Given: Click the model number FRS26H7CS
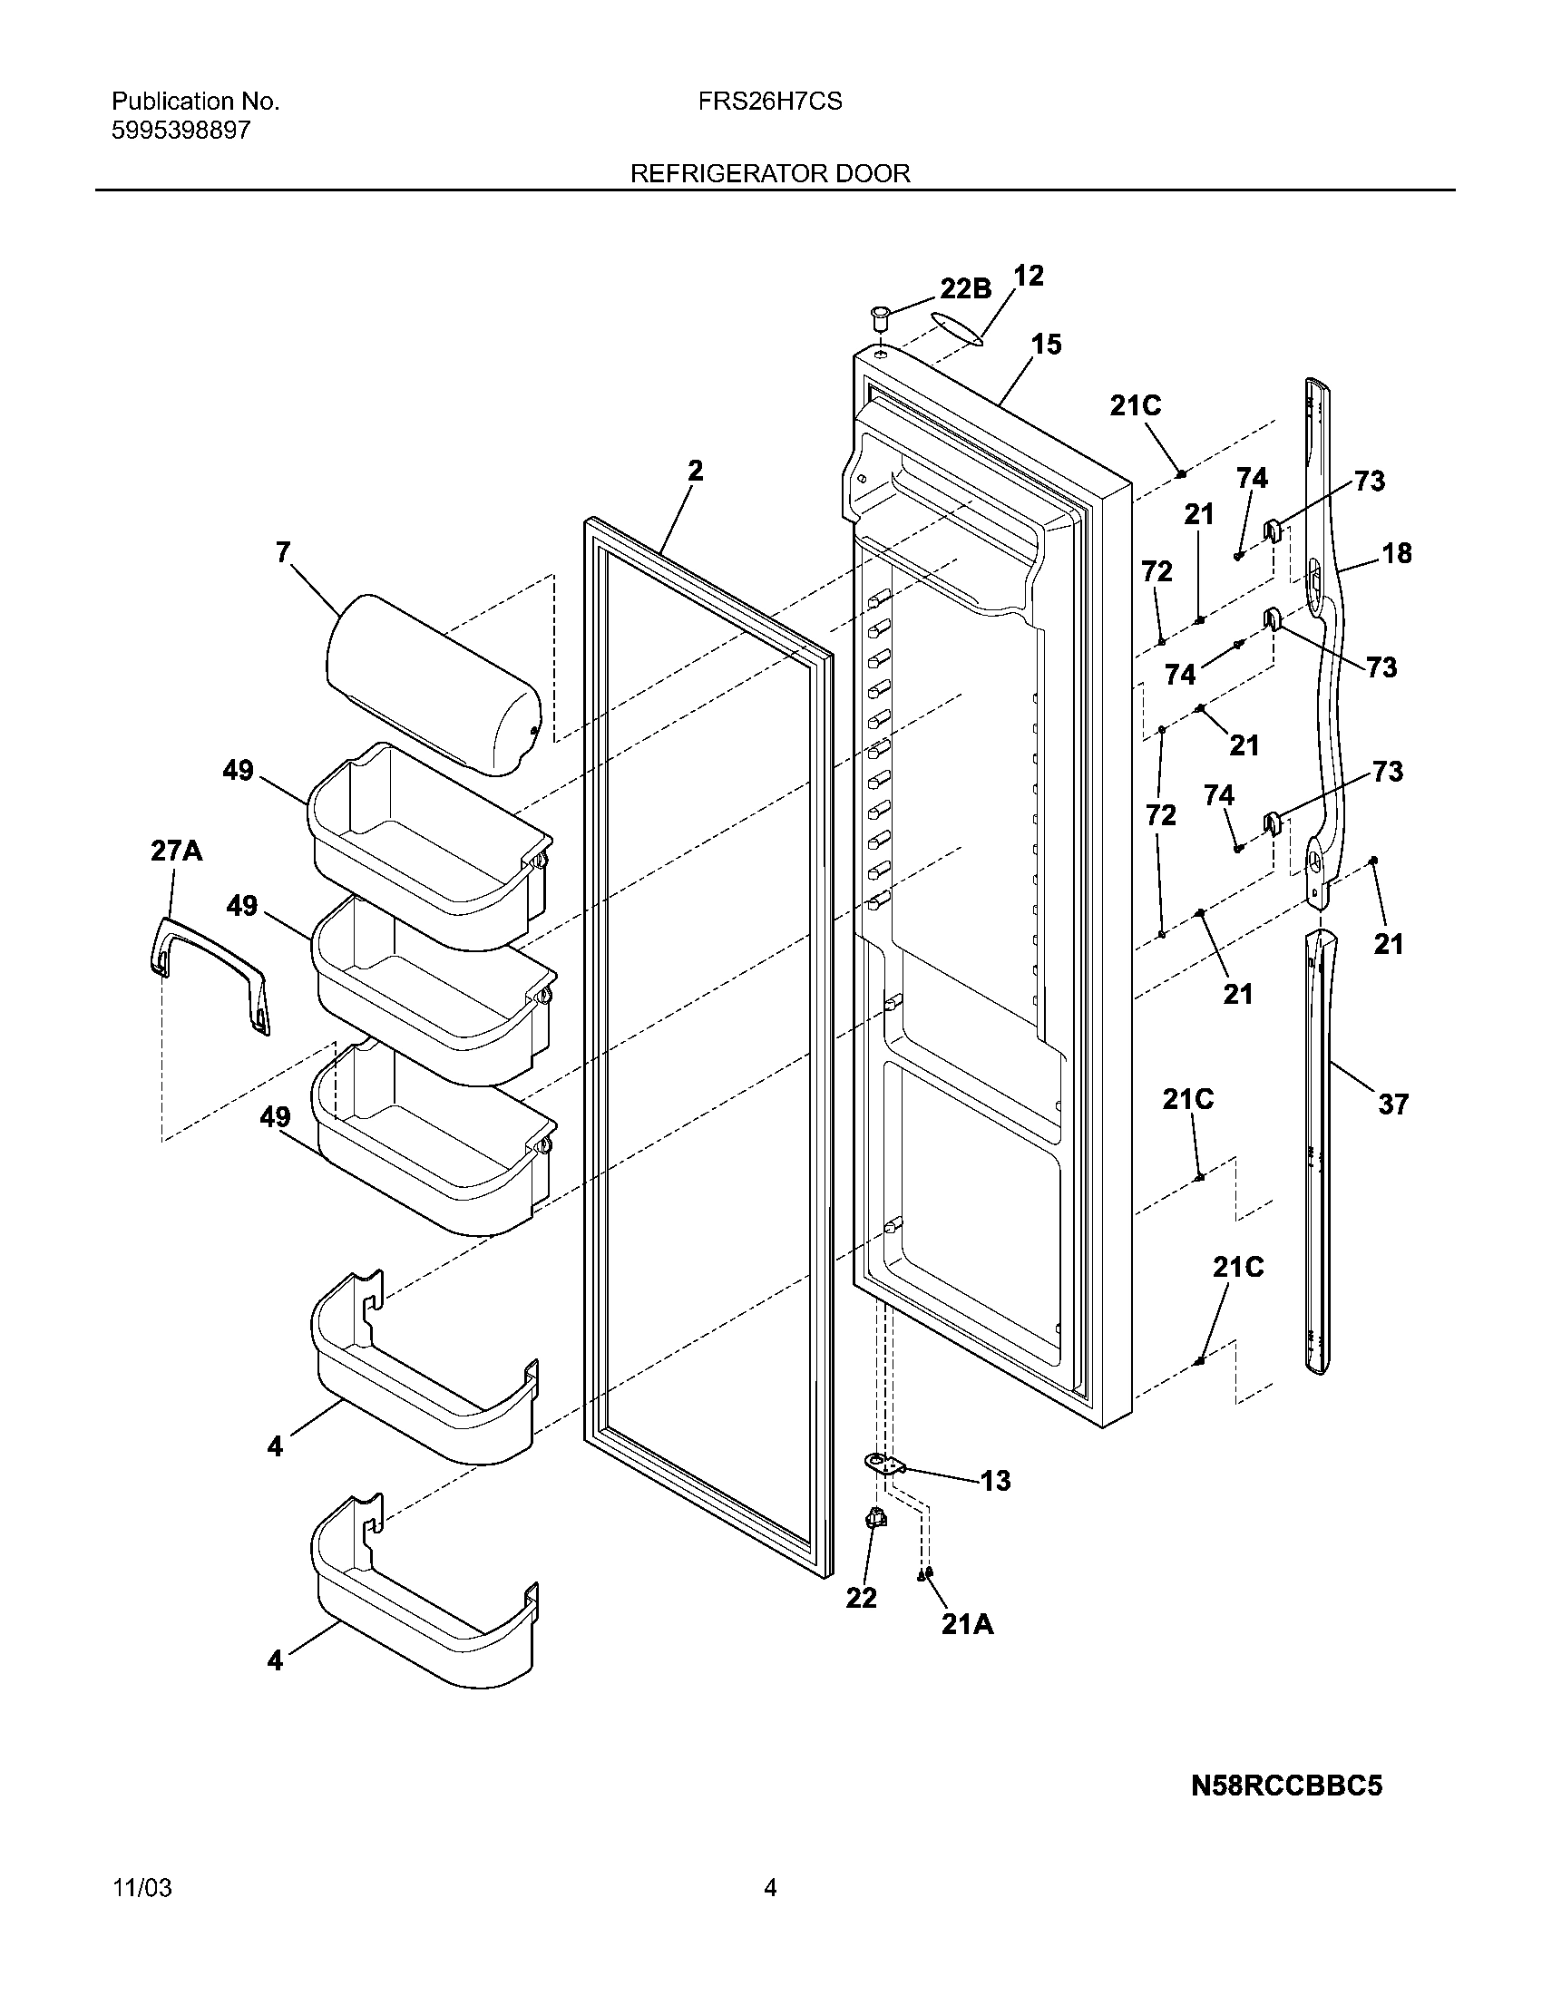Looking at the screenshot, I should pyautogui.click(x=770, y=102).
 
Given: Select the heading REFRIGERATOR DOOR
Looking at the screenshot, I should pyautogui.click(x=770, y=173).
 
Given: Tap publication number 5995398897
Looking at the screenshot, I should pyautogui.click(x=181, y=131).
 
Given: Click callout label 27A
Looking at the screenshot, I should pyautogui.click(x=176, y=852).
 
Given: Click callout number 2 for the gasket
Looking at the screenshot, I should pyautogui.click(x=695, y=471).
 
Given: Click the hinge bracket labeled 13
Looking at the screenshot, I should pyautogui.click(x=884, y=1465).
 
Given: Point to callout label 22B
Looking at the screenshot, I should pyautogui.click(x=966, y=288).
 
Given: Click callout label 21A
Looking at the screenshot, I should pyautogui.click(x=968, y=1624).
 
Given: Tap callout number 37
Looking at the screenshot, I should pyautogui.click(x=1393, y=1105).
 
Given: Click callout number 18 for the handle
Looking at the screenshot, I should pyautogui.click(x=1397, y=552).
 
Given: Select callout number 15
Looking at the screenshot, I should pyautogui.click(x=1047, y=345).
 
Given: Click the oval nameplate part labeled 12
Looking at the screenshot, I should pyautogui.click(x=955, y=327).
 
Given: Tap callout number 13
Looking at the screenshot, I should pyautogui.click(x=996, y=1480).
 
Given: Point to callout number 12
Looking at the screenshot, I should pyautogui.click(x=1029, y=276).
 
